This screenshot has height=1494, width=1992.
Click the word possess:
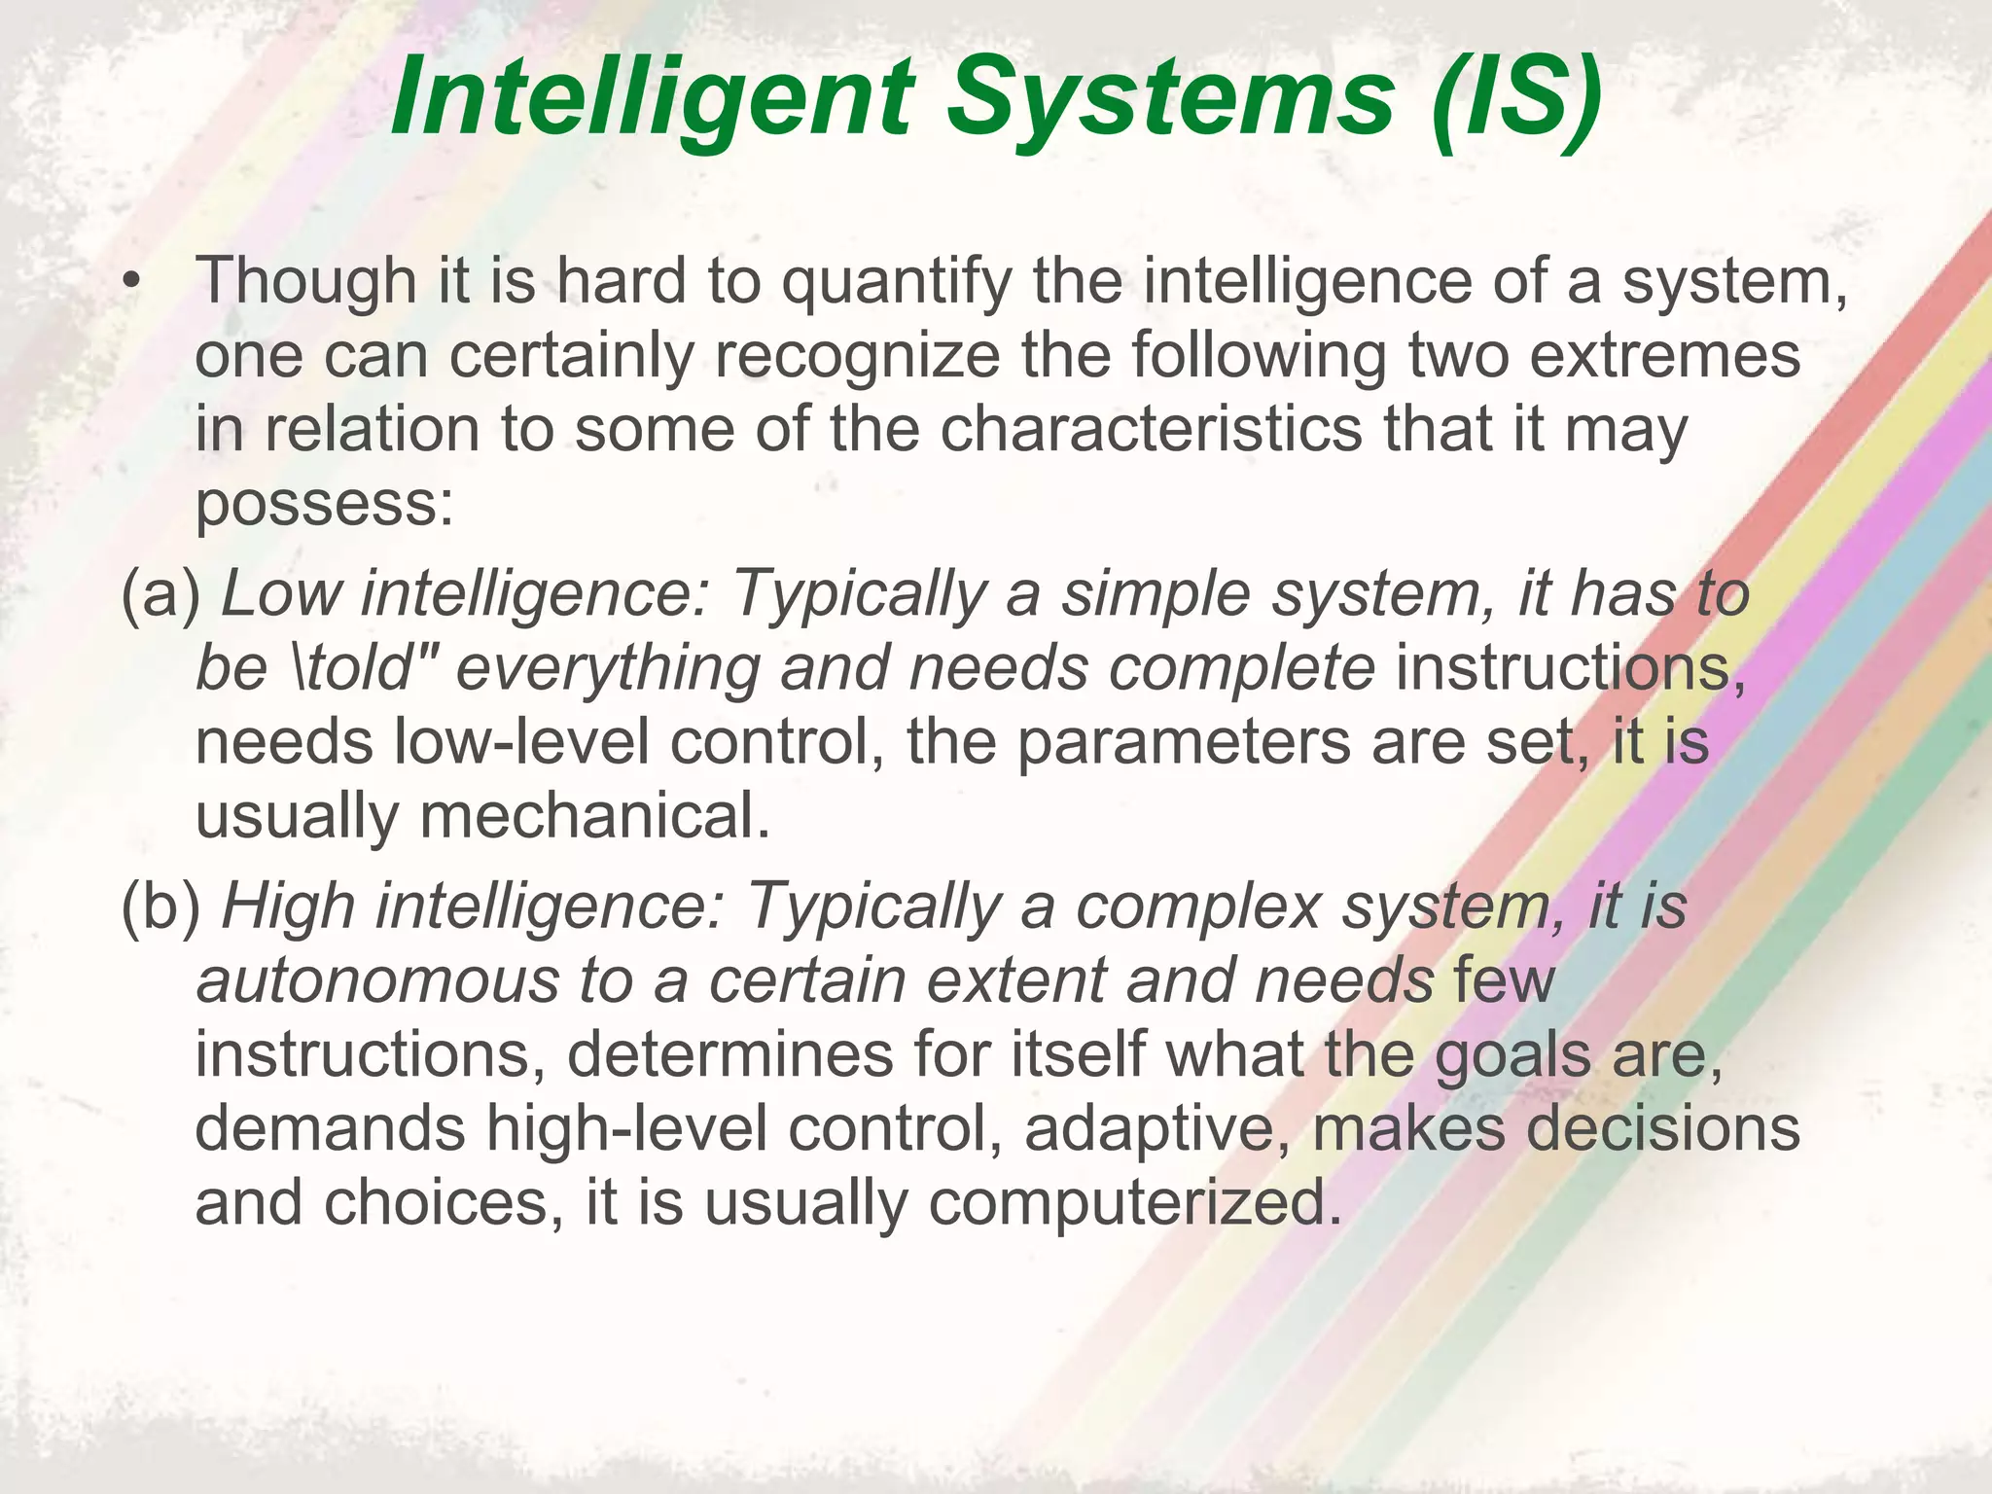pos(325,505)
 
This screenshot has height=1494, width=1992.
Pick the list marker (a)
pos(160,593)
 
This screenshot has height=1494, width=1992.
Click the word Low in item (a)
pos(281,593)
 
